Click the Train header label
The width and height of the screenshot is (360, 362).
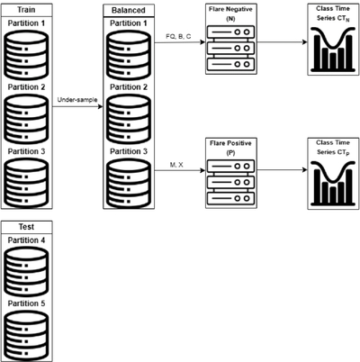[26, 10]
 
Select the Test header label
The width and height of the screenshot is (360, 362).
[26, 227]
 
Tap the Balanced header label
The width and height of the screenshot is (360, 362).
[129, 10]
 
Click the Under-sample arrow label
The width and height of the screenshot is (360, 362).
[77, 100]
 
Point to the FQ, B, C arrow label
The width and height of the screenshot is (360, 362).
[178, 37]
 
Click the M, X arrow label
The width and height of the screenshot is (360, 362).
[176, 165]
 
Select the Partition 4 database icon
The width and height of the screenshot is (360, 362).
[26, 272]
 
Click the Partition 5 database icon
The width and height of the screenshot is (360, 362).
[26, 336]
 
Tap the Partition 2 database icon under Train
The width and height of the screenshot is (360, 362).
[26, 119]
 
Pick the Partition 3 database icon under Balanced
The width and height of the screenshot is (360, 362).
[129, 183]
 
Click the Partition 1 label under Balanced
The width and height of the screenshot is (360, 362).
[129, 23]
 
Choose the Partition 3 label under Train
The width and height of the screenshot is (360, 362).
[26, 151]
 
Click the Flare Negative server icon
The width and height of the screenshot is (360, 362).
[230, 48]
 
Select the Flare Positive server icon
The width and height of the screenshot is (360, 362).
[230, 182]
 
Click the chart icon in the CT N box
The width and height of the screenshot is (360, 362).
[333, 50]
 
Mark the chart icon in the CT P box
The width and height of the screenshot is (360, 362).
[333, 184]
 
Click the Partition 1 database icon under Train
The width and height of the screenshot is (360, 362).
[26, 55]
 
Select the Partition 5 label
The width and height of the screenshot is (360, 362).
[26, 303]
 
